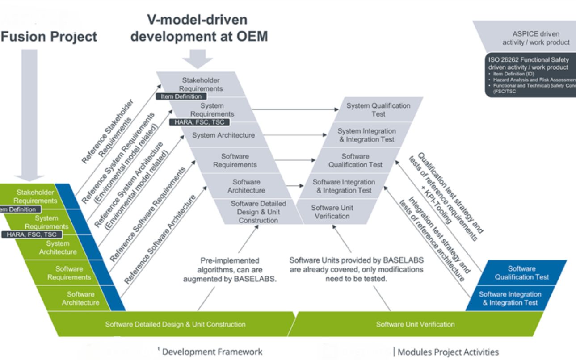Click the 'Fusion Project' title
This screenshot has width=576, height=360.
coord(48,37)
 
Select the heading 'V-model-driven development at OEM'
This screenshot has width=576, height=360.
coord(199,28)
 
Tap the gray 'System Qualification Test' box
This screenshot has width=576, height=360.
coord(378,109)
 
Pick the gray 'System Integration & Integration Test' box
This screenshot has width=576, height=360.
coord(366,135)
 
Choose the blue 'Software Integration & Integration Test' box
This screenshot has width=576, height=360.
coord(509,298)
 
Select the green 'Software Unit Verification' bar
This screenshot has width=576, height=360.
coord(415,324)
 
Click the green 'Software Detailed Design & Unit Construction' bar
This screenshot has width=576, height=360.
coord(175,324)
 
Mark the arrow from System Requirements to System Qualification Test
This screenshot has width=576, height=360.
coord(297,109)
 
